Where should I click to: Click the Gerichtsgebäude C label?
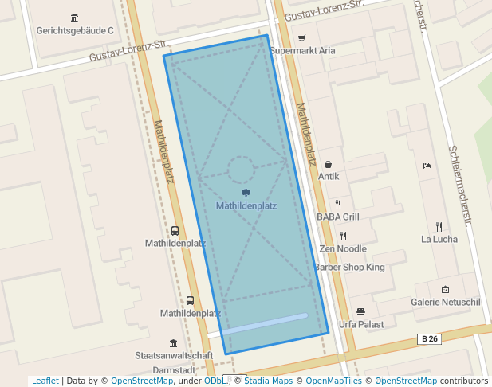click(75, 31)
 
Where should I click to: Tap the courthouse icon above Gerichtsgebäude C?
click(75, 18)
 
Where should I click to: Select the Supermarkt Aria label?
click(302, 50)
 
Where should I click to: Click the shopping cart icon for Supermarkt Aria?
click(301, 37)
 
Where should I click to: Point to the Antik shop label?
click(329, 176)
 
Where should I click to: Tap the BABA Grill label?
click(338, 217)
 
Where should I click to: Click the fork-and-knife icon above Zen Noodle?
click(343, 236)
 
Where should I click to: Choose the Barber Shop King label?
click(349, 268)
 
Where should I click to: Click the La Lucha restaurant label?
click(439, 239)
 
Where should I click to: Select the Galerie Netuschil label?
click(445, 303)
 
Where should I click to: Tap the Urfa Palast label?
click(360, 324)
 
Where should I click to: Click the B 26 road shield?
click(429, 339)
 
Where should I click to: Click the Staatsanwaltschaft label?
click(174, 355)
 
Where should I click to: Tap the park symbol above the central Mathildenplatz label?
click(246, 193)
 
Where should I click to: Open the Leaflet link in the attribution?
click(45, 381)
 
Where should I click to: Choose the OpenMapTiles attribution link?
click(334, 381)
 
